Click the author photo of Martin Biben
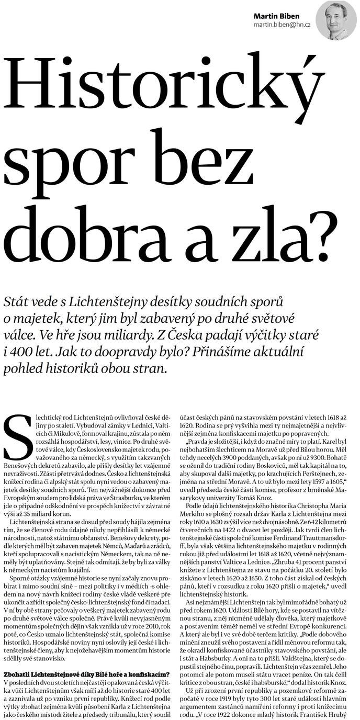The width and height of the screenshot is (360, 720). click(336, 20)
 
